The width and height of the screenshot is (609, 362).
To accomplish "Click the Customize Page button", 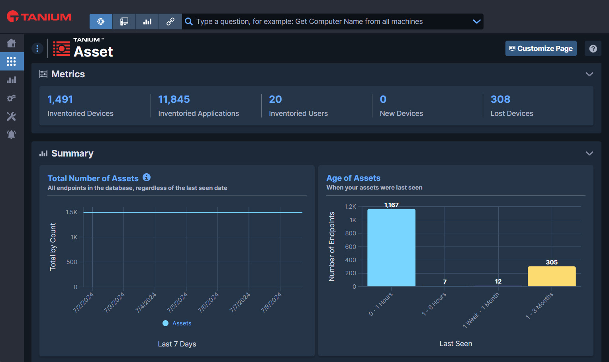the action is [541, 48].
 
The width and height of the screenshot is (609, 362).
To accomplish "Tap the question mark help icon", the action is [593, 49].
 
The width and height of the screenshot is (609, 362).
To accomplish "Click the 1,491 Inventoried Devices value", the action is [60, 99].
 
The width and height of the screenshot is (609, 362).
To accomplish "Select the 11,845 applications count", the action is [174, 99].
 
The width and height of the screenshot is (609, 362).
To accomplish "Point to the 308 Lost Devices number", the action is [500, 99].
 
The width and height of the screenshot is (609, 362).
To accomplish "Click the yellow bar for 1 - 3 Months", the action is [552, 276].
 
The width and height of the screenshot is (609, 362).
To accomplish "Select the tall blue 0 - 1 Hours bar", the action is [391, 248].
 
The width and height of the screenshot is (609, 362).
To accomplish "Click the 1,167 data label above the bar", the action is [391, 205].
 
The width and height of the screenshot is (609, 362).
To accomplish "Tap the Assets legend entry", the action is [177, 323].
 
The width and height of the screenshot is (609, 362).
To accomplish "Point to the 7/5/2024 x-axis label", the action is [177, 303].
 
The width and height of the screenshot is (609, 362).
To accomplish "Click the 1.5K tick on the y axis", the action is [72, 212].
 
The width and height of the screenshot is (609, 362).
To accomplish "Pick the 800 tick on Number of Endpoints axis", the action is [351, 233].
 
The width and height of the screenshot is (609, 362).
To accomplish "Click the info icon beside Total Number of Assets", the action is [147, 177].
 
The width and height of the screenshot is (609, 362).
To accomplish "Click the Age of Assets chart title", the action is [353, 178].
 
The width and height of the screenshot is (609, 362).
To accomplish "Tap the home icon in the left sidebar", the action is [12, 43].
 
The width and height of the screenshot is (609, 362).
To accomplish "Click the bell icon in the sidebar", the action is [12, 134].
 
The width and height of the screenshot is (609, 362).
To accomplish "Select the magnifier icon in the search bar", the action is [189, 22].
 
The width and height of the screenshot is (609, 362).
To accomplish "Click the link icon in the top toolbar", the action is [170, 22].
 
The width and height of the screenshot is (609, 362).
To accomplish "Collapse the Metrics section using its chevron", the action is [589, 74].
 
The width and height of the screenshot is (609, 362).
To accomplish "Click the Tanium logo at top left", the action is [40, 17].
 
